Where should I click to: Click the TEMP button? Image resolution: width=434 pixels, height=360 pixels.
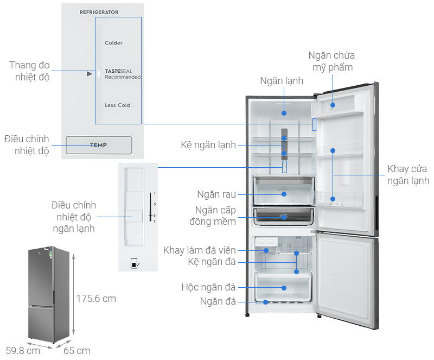tap(99, 145)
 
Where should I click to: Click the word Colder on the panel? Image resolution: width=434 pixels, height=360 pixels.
tap(114, 43)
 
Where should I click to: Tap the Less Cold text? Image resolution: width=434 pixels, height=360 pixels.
tap(117, 105)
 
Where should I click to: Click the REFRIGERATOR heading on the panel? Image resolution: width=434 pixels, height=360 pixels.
tap(99, 12)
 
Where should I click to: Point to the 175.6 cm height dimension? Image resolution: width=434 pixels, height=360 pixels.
tap(96, 299)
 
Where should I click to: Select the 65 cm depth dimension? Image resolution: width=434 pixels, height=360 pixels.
tap(76, 350)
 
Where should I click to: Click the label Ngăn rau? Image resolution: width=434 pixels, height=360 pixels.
tap(216, 194)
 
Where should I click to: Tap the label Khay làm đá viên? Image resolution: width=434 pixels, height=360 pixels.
tap(200, 250)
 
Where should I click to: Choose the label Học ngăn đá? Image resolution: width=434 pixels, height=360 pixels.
tap(209, 287)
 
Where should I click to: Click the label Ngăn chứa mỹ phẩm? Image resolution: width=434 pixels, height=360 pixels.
tap(331, 61)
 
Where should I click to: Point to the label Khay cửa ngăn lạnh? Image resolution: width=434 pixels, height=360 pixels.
tap(408, 175)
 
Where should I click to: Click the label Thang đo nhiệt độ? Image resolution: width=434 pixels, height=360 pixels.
tap(29, 71)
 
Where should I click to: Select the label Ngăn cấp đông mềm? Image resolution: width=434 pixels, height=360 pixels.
tap(216, 216)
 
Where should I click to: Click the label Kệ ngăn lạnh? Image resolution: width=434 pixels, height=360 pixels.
tap(208, 145)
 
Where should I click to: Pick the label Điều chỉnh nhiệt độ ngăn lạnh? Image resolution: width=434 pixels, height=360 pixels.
tap(74, 217)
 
